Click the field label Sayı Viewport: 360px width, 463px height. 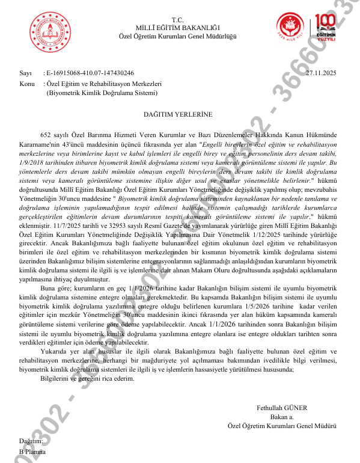pos(25,73)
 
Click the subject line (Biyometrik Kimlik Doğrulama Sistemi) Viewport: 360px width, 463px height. pos(102,93)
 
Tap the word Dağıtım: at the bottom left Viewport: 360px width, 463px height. pos(31,441)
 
